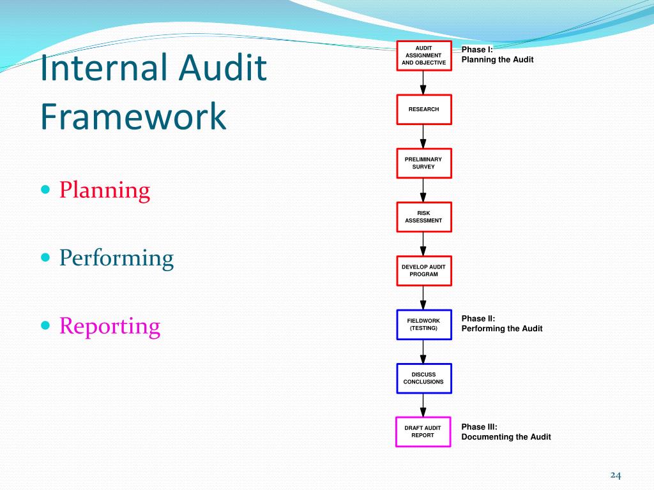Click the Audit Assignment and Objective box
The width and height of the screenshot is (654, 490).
pos(424,56)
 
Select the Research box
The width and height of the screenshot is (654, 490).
pos(424,109)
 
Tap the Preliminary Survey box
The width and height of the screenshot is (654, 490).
pos(423,163)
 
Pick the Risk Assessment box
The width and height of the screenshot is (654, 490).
pos(423,217)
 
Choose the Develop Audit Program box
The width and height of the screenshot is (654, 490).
pos(423,270)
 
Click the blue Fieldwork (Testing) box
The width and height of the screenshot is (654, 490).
pos(423,324)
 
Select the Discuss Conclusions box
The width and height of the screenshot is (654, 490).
pos(423,378)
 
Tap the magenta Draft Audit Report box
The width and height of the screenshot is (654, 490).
pos(423,431)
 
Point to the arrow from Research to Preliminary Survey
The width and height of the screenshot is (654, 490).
pos(423,136)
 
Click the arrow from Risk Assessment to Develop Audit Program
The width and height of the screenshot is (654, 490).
pos(423,244)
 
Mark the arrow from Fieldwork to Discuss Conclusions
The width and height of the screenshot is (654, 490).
pos(423,352)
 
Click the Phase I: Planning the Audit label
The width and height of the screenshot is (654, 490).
pos(497,55)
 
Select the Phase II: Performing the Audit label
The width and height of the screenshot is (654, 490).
pos(501,323)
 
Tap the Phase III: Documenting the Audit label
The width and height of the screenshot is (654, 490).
pos(506,432)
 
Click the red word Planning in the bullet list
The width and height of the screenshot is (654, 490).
pos(105,190)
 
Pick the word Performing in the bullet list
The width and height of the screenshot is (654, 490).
pos(116,258)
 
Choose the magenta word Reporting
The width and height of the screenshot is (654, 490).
pos(110,326)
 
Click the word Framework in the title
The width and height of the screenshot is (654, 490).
pos(133,117)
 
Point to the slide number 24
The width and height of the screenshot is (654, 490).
pos(616,475)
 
